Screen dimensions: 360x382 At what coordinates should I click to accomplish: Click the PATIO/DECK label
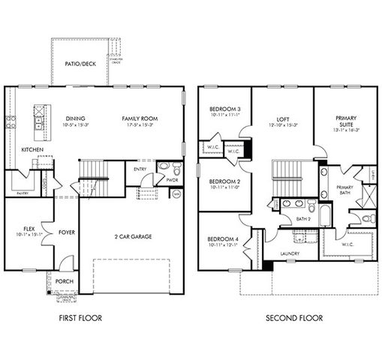tap(80, 64)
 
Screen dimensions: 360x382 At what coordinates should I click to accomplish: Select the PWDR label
tap(171, 180)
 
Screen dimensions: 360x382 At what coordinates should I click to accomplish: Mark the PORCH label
tap(65, 282)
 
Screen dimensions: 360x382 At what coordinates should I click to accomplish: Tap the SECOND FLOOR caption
tap(294, 318)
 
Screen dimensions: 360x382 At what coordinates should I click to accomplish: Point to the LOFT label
tap(281, 118)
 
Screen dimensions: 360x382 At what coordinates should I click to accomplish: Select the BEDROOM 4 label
tap(224, 239)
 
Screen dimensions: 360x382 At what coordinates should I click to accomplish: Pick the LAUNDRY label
tap(290, 253)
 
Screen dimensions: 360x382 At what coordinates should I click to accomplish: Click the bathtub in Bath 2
tap(323, 216)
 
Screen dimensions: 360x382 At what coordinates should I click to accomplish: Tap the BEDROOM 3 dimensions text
tap(223, 116)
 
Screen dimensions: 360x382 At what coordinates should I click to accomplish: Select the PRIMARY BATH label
tap(344, 190)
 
